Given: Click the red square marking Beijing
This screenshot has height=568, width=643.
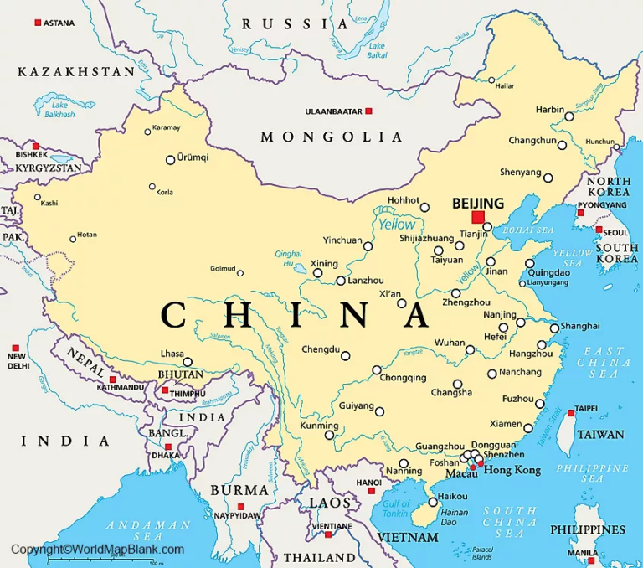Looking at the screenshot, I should click(x=478, y=217).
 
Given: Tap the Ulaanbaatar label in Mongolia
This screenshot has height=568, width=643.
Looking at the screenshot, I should click(x=333, y=111).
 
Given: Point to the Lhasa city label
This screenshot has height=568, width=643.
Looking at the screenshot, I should click(x=171, y=354).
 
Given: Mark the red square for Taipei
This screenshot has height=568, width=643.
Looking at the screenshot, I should click(x=571, y=412).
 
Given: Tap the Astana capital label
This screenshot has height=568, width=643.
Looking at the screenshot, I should click(x=58, y=23).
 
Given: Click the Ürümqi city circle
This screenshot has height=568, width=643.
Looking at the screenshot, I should click(x=170, y=159).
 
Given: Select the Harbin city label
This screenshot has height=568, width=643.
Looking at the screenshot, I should click(x=549, y=110).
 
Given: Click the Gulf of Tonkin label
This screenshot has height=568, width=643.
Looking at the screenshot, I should click(x=395, y=509).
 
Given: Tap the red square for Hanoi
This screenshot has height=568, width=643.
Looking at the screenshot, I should click(x=372, y=490).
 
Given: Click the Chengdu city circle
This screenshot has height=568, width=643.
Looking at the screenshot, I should click(x=345, y=356).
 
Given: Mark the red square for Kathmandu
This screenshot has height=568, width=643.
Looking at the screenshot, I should click(x=112, y=380).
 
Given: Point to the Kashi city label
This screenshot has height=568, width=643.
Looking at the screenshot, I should click(x=49, y=203).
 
